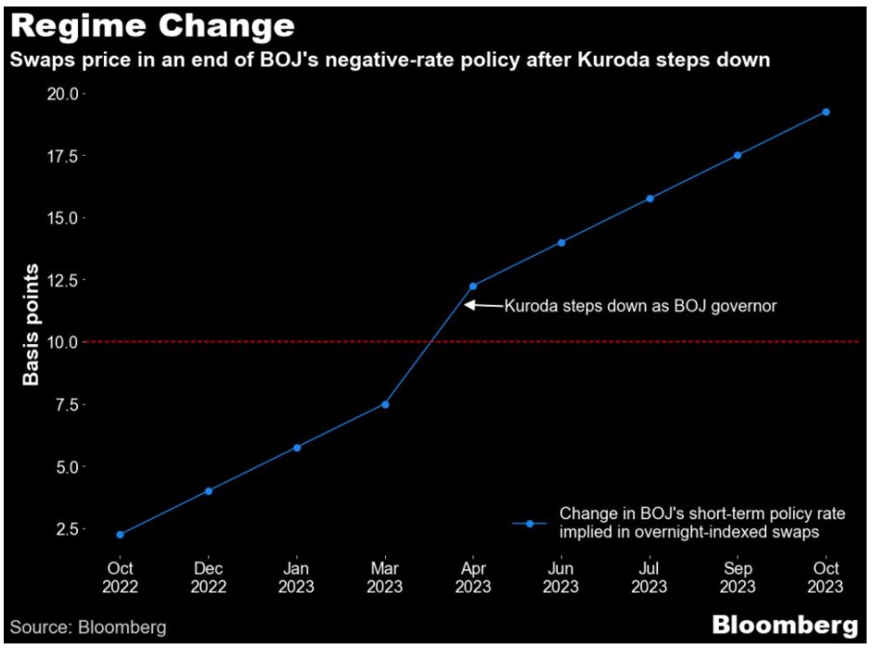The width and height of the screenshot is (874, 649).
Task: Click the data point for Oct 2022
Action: [x=120, y=535]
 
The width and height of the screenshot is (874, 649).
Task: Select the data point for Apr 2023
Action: [x=473, y=286]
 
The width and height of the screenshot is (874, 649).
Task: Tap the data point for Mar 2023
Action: [x=385, y=404]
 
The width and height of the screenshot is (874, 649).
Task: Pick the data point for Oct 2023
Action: [x=826, y=112]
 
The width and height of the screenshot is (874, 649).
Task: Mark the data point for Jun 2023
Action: [x=561, y=243]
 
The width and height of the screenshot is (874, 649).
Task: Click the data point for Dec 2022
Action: [x=209, y=491]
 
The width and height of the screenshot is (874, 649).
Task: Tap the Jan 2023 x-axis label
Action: [x=297, y=577]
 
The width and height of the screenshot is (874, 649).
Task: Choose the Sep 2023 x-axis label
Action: [x=738, y=577]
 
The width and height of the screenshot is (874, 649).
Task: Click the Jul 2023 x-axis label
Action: [x=649, y=577]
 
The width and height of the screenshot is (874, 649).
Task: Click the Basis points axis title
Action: [x=32, y=324]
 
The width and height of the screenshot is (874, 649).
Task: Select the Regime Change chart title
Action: [x=152, y=25]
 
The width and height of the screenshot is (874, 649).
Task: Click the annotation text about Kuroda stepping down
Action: [x=640, y=306]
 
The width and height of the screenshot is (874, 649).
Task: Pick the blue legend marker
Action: [x=530, y=524]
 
